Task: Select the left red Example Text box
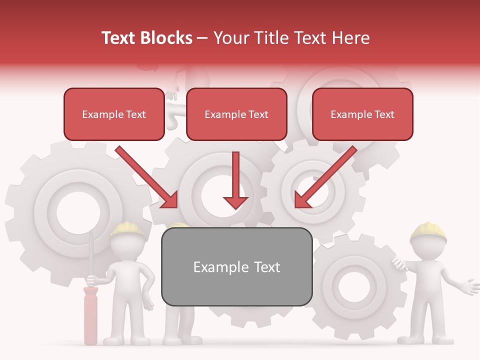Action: tap(114, 114)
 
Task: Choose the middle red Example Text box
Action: tap(236, 114)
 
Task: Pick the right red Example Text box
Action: tap(362, 114)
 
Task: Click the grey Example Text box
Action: tap(236, 266)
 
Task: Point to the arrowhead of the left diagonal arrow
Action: tap(170, 200)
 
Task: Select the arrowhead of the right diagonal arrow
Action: tap(302, 200)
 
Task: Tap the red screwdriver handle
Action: tap(90, 315)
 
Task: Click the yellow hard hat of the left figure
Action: tap(127, 229)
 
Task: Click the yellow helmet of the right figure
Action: tap(428, 229)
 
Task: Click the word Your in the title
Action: tap(229, 38)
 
